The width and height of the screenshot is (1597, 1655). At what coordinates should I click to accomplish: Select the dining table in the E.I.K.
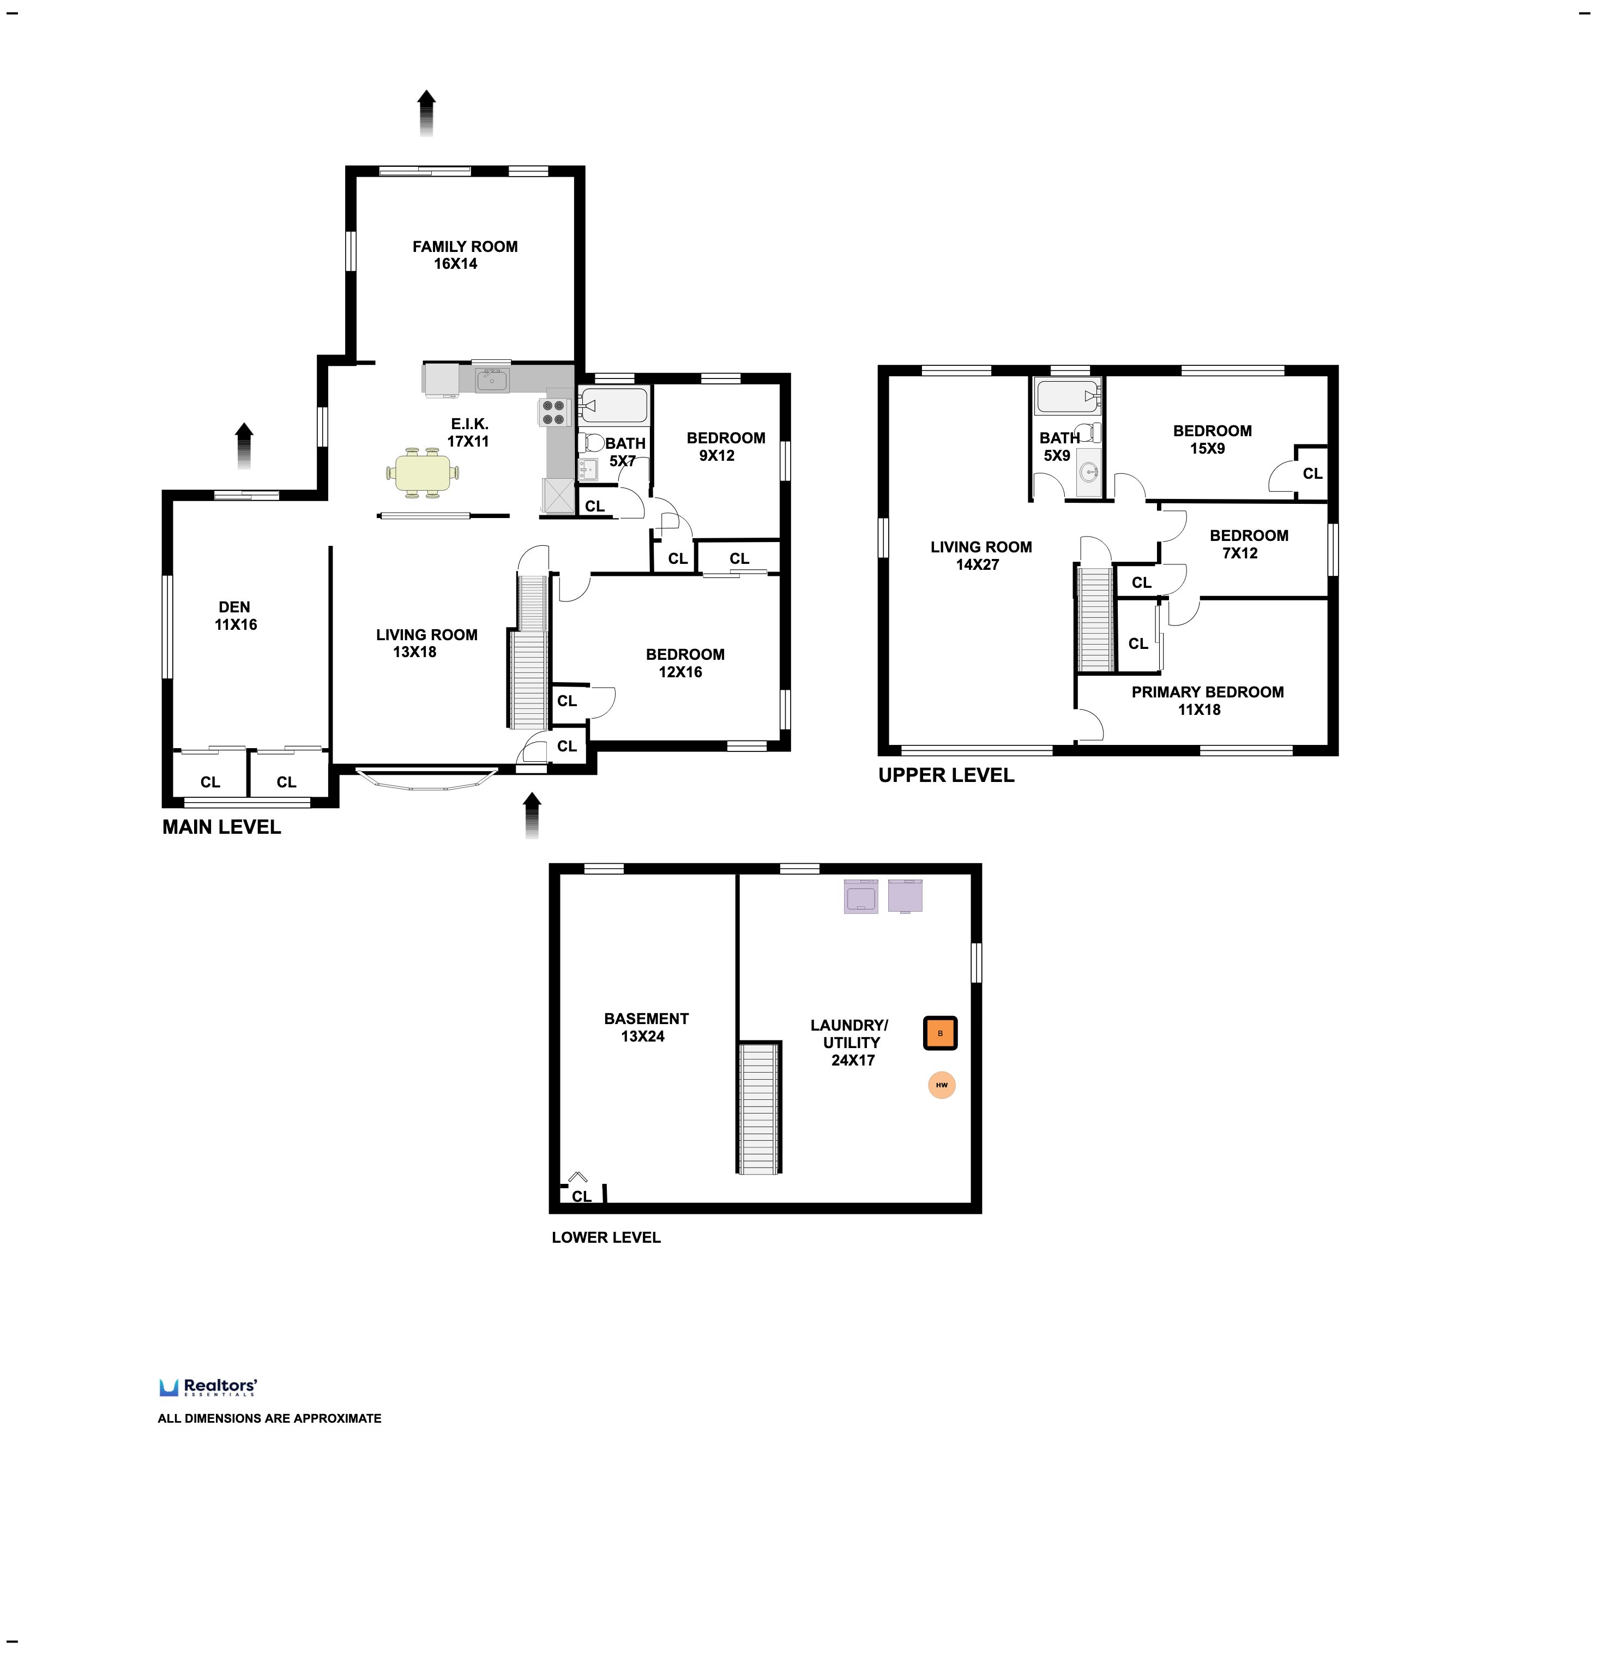pyautogui.click(x=423, y=473)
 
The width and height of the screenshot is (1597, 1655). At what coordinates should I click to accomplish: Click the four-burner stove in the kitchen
pyautogui.click(x=554, y=412)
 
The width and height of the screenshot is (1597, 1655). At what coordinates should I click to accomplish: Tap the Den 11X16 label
pyautogui.click(x=236, y=616)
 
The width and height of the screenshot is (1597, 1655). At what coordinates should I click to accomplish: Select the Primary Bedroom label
pyautogui.click(x=1207, y=701)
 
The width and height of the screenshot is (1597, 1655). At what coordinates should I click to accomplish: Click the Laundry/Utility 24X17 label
pyautogui.click(x=850, y=1043)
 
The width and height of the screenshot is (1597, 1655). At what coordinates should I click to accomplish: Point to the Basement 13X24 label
pyautogui.click(x=646, y=1027)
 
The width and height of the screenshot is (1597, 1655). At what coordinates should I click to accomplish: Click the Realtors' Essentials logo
pyautogui.click(x=208, y=1387)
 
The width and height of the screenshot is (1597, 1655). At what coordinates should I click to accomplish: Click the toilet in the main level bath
pyautogui.click(x=590, y=442)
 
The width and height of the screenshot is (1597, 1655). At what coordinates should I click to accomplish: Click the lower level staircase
pyautogui.click(x=758, y=1108)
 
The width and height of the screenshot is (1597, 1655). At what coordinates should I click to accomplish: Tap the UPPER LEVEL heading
pyautogui.click(x=946, y=775)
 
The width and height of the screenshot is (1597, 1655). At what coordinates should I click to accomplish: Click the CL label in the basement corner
pyautogui.click(x=582, y=1196)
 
